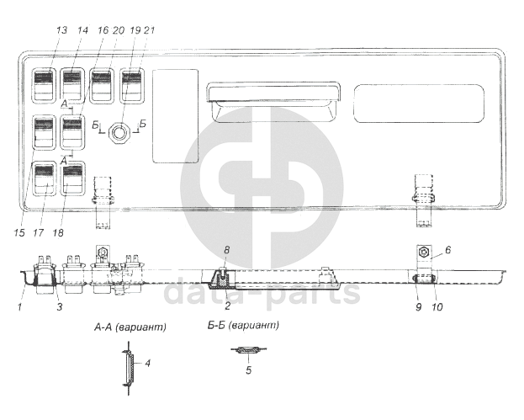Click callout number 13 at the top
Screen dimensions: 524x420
tap(62, 30)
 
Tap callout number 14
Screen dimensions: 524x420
tap(82, 30)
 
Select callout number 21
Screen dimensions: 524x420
tap(149, 30)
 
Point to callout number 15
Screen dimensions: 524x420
tap(19, 232)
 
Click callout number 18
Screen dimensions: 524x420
tap(58, 232)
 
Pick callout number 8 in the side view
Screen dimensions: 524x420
tap(226, 250)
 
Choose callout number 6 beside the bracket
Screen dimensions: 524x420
tap(447, 250)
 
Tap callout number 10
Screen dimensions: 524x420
tap(437, 306)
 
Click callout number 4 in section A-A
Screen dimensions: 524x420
tap(147, 363)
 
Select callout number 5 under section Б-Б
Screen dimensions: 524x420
tap(248, 370)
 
